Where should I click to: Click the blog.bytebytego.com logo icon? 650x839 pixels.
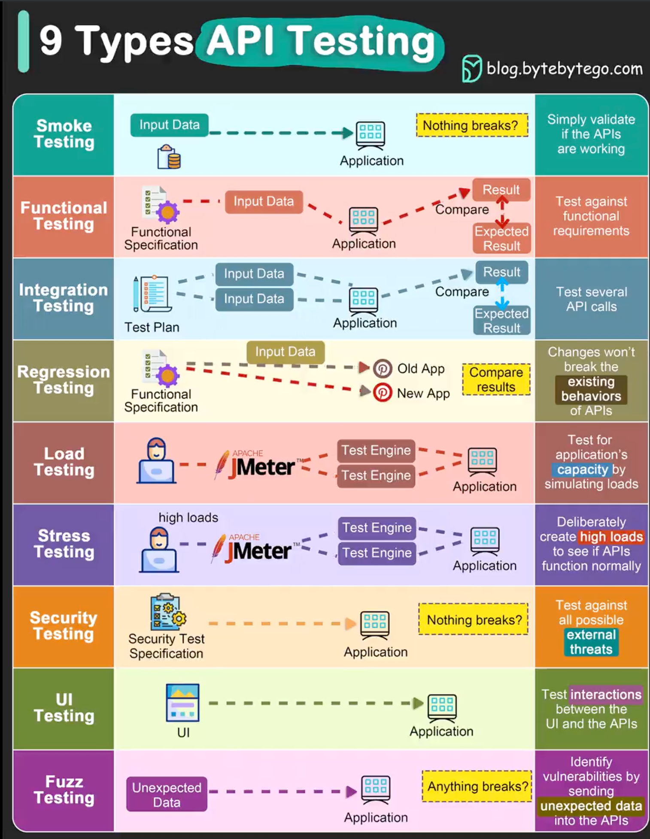click(471, 69)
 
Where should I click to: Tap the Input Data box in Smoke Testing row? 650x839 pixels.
click(169, 125)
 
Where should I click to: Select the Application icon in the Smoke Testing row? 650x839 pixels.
click(371, 134)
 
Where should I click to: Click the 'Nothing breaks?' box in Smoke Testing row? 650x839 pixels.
click(471, 125)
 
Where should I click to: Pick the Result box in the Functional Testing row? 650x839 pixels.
click(501, 190)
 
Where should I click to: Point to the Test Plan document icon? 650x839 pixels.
click(152, 294)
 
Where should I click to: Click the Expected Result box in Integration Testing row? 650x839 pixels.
click(501, 321)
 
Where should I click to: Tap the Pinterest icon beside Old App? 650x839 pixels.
click(382, 368)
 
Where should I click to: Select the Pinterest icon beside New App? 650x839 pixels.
click(382, 392)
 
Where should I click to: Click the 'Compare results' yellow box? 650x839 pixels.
click(496, 380)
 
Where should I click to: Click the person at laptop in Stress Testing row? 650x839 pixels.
click(159, 550)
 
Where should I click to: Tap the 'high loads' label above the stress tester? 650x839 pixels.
click(188, 517)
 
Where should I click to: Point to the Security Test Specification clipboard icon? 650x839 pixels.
click(168, 612)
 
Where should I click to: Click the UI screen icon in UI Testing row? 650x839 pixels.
click(183, 702)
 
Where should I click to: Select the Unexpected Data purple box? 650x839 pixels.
click(167, 794)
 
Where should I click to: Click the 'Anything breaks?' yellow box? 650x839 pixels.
click(477, 786)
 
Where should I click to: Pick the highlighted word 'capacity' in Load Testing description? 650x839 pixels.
click(582, 470)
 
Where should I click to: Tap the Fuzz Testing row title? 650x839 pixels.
click(64, 790)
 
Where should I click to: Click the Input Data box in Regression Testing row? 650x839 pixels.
click(285, 352)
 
